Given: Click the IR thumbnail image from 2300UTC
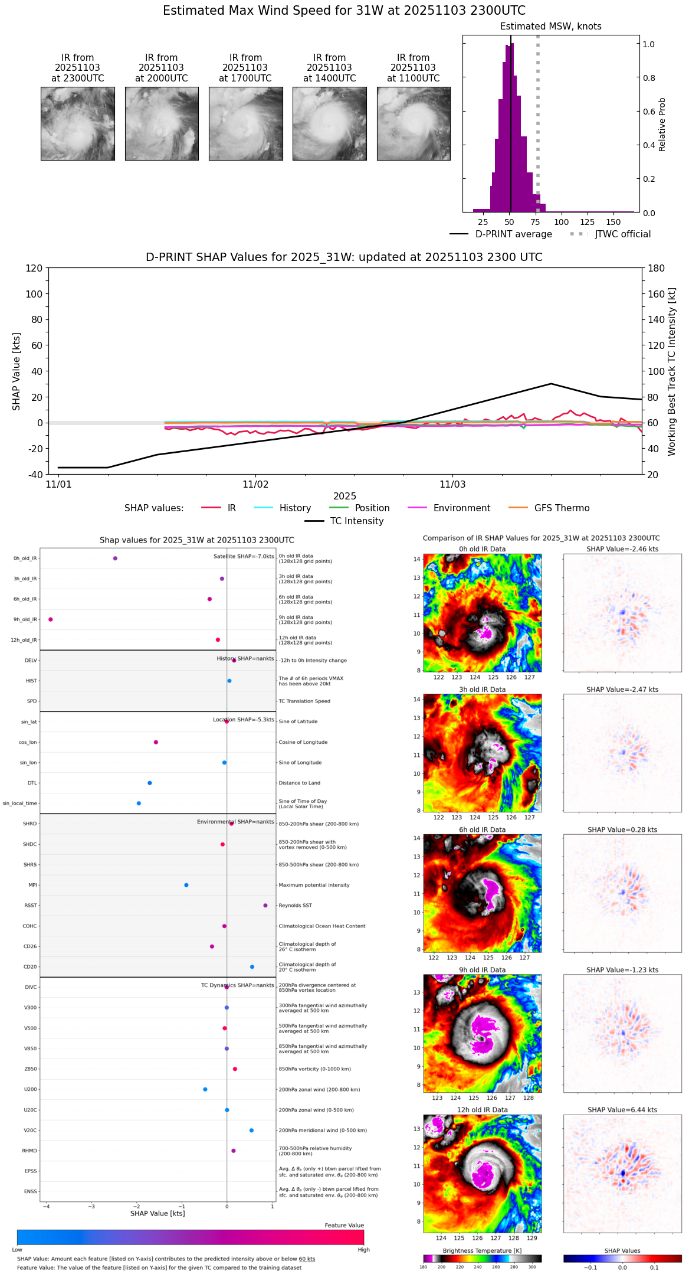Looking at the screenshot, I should tap(78, 123).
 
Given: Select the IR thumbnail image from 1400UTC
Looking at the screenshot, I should tap(329, 123).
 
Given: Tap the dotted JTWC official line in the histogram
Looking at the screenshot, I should tap(537, 118).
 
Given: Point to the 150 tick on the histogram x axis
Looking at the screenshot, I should tap(613, 222).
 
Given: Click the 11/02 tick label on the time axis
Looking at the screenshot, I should tap(255, 485).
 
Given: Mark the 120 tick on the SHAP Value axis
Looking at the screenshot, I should tap(34, 269).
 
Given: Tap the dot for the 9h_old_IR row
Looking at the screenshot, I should tap(51, 619).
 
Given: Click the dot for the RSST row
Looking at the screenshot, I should tap(265, 906).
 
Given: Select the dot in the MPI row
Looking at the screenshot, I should tap(186, 885).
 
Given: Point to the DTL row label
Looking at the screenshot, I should tap(32, 783).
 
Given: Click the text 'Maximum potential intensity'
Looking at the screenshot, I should tap(314, 885).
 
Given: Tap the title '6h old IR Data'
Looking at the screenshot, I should tap(482, 829).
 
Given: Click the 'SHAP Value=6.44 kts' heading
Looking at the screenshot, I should tap(622, 1110).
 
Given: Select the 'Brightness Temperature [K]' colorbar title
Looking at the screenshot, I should tap(482, 1250).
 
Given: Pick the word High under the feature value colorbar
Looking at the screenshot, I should tap(363, 1249).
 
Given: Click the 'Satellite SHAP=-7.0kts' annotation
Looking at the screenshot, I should tap(244, 556).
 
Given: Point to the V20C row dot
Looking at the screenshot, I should tap(251, 1131).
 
